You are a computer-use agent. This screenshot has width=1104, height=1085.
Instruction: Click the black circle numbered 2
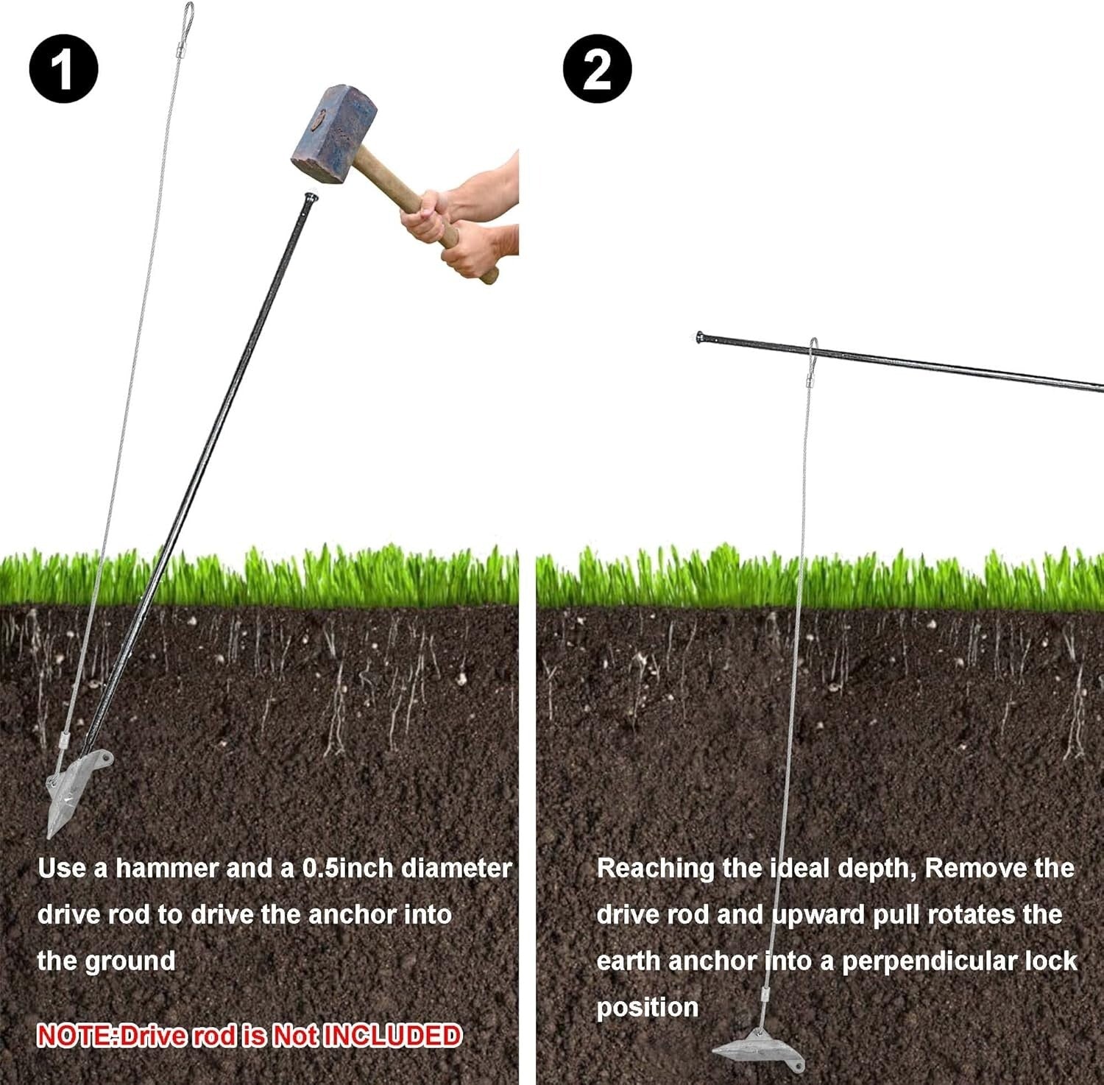coord(597,69)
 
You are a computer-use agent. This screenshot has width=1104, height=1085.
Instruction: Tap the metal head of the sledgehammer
coord(334,133)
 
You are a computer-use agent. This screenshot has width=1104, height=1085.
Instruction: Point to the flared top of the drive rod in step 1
coord(311,199)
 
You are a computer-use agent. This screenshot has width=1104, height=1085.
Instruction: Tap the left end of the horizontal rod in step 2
coord(701,338)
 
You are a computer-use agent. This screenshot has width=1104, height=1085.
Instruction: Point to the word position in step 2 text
coord(647,1007)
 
